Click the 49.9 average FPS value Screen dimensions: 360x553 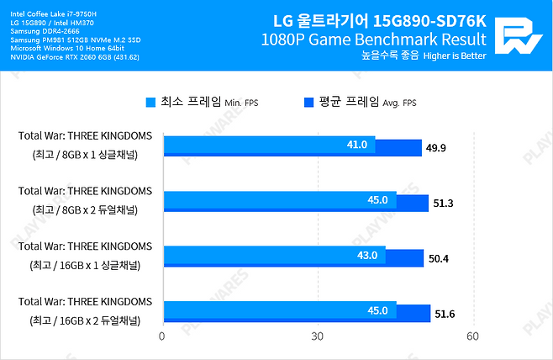(438, 149)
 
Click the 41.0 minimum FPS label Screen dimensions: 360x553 (357, 145)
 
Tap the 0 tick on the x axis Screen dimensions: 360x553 (162, 336)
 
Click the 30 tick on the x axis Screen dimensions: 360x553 (318, 336)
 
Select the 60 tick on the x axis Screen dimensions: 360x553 (473, 336)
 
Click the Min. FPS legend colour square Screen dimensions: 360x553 (151, 103)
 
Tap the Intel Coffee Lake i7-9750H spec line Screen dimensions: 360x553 (53, 14)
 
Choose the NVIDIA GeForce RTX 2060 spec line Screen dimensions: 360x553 (75, 57)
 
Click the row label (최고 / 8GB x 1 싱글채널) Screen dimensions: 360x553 (85, 155)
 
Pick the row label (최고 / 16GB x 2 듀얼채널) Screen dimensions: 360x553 (85, 320)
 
